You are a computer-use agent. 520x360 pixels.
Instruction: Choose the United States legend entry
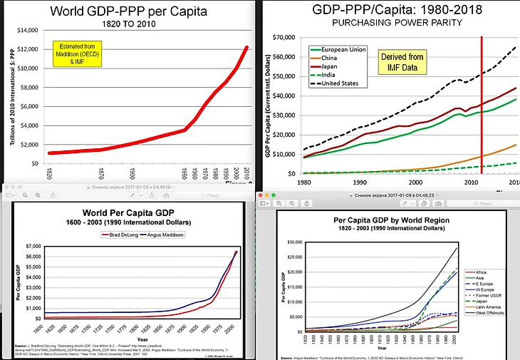pyautogui.click(x=345, y=83)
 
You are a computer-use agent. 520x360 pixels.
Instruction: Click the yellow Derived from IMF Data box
pyautogui.click(x=402, y=61)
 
